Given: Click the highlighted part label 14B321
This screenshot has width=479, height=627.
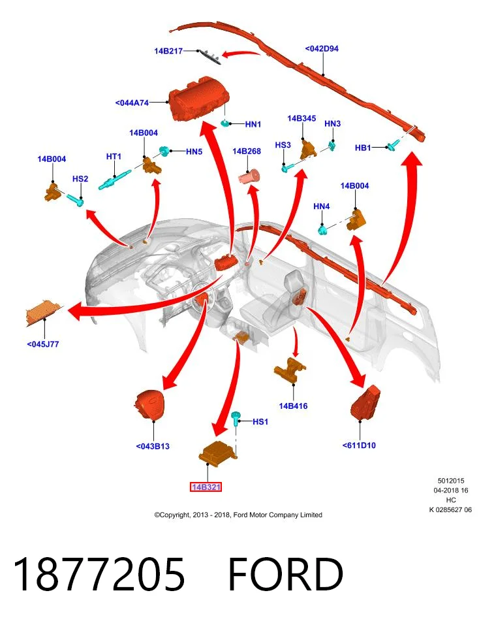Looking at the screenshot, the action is tap(206, 487).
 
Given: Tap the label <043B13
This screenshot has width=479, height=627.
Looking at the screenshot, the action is tap(153, 446).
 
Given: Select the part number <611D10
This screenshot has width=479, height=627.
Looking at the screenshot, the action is tap(359, 445).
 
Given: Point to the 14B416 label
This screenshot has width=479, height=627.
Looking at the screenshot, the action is tap(293, 406).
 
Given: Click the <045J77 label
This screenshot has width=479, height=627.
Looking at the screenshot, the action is tap(43, 344).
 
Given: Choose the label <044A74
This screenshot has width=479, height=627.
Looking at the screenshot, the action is tap(132, 103).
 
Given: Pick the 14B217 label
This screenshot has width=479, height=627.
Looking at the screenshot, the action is tap(168, 51).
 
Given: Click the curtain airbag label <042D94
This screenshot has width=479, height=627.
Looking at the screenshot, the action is tap(322, 49).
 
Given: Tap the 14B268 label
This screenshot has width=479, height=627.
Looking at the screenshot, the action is tap(247, 151).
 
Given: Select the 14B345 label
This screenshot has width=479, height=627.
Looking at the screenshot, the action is tap(301, 118).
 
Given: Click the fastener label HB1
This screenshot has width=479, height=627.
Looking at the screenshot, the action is tap(363, 148).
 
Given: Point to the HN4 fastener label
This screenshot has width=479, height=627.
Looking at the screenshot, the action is tap(322, 206).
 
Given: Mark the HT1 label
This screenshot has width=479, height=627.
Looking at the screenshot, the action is tap(114, 157).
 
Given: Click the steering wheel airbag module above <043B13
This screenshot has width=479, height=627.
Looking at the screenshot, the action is tap(149, 404).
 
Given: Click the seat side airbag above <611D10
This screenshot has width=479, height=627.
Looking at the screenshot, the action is tap(365, 403).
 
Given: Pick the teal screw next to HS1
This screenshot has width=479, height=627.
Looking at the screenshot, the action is tap(236, 419).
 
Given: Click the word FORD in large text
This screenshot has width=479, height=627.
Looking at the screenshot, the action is tap(285, 574).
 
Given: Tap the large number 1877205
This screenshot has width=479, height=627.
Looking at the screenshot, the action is tap(99, 574).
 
